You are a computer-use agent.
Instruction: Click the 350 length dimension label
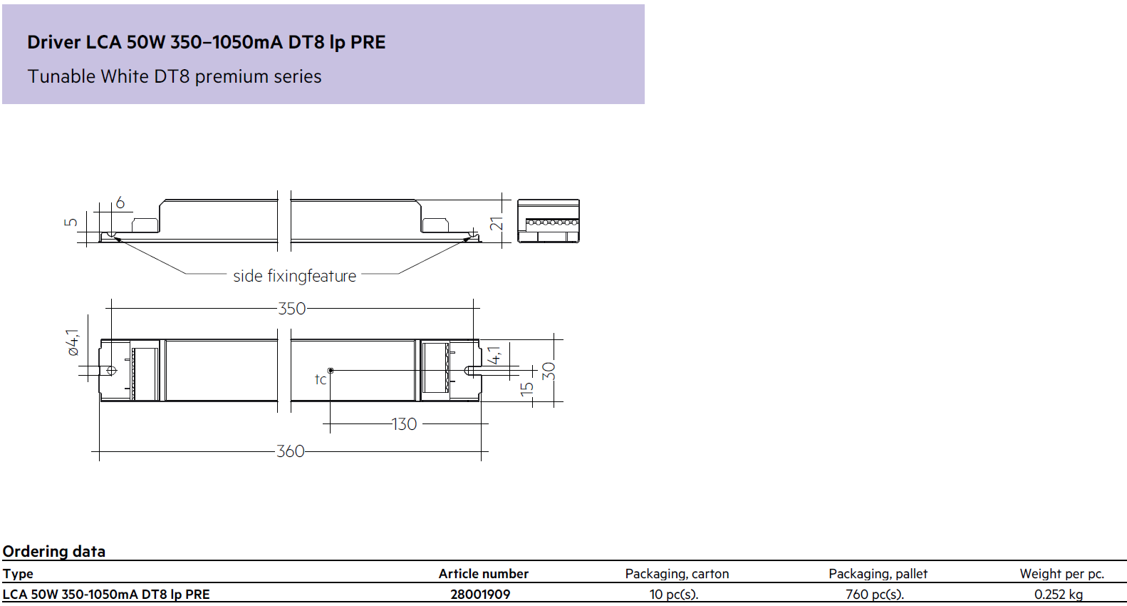coord(292,308)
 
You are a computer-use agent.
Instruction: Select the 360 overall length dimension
coord(291,451)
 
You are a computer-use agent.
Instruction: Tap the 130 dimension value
coord(404,423)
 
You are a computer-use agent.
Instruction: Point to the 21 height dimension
coord(496,223)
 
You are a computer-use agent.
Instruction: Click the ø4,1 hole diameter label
coord(73,342)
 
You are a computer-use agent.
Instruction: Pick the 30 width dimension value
coord(549,371)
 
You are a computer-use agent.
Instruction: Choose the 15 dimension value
coord(526,389)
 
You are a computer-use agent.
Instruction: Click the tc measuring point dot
coord(331,371)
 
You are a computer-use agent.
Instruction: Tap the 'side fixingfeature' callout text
coord(294,276)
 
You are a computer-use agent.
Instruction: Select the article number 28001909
coord(480,595)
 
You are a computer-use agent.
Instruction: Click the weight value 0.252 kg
coord(1059,595)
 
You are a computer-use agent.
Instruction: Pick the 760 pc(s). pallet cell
coord(874,595)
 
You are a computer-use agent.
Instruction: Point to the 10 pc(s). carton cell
coord(674,595)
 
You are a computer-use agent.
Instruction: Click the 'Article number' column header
coord(484,574)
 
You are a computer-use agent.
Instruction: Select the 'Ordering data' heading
coord(54,552)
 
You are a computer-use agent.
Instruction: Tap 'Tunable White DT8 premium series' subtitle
coord(174,76)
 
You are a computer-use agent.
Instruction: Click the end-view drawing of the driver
coord(549,222)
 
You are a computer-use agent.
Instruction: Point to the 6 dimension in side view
coord(120,202)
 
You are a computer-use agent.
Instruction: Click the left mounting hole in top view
coord(112,371)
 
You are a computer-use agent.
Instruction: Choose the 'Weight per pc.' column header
coord(1061,574)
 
